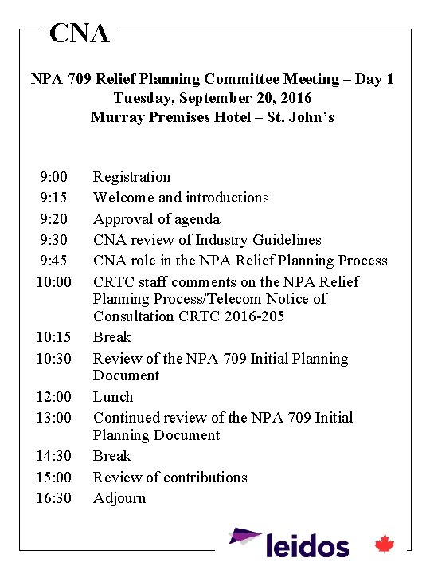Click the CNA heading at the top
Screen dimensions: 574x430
pyautogui.click(x=79, y=33)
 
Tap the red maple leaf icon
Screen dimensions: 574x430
pyautogui.click(x=385, y=545)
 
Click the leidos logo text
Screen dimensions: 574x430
pyautogui.click(x=307, y=546)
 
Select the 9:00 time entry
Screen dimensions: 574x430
pyautogui.click(x=53, y=177)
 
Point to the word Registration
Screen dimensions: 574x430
pyautogui.click(x=131, y=177)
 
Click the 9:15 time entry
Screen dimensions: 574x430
pyautogui.click(x=53, y=198)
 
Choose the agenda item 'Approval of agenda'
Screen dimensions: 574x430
pyautogui.click(x=156, y=219)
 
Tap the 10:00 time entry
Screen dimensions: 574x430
pyautogui.click(x=53, y=282)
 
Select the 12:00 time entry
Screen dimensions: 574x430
pyautogui.click(x=53, y=397)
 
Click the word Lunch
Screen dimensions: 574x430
pyautogui.click(x=113, y=397)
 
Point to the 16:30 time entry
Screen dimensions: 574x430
pyautogui.click(x=53, y=498)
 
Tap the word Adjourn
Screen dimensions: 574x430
pyautogui.click(x=119, y=498)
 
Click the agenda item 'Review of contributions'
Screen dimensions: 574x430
pyautogui.click(x=170, y=478)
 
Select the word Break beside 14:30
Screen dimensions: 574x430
pyautogui.click(x=111, y=456)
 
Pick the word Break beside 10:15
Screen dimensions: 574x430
pyautogui.click(x=111, y=337)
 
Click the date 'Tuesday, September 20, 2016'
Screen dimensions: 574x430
pyautogui.click(x=213, y=98)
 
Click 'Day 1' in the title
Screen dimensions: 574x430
pyautogui.click(x=374, y=79)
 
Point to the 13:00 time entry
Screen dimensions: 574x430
pyautogui.click(x=53, y=418)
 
